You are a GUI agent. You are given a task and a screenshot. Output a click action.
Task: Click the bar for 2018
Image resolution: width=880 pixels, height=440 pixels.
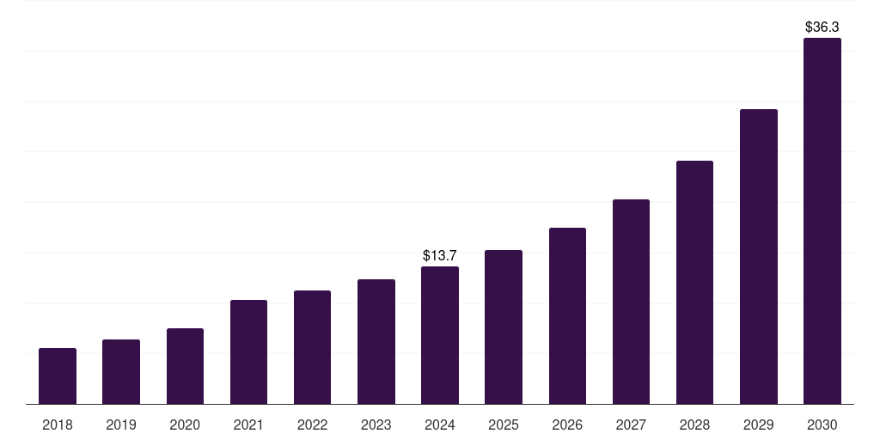tap(58, 376)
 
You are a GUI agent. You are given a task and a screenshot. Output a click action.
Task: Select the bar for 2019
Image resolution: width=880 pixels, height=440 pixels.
tap(121, 372)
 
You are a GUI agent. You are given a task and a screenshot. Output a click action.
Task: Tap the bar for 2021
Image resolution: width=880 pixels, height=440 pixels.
tap(248, 352)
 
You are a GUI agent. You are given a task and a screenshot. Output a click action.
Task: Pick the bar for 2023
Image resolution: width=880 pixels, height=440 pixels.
tap(376, 342)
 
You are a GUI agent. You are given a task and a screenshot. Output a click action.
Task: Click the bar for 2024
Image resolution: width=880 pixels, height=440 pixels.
tap(440, 335)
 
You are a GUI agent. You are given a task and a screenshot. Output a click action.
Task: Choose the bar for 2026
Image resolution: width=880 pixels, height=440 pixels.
tap(567, 316)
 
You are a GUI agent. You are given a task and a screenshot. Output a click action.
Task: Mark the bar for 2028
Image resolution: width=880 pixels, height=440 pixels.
tap(694, 283)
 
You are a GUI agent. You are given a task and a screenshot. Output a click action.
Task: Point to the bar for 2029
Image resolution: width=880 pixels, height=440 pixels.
tap(759, 257)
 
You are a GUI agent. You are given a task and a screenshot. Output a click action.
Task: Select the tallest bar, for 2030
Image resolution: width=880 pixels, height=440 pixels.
tap(822, 221)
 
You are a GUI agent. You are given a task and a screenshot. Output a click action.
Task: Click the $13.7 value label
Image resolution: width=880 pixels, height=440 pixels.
tap(440, 255)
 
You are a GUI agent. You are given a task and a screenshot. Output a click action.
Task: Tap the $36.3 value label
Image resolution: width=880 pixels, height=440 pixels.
tap(822, 27)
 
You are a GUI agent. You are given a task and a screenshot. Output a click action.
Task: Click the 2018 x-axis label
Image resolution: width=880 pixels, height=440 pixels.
tap(58, 425)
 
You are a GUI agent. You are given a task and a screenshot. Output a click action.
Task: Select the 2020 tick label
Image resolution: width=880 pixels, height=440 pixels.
tap(185, 425)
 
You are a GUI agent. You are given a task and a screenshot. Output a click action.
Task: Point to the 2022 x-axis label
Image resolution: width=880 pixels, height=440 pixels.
tap(312, 425)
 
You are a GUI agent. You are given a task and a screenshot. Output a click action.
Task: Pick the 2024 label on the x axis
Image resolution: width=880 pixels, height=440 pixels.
tap(440, 425)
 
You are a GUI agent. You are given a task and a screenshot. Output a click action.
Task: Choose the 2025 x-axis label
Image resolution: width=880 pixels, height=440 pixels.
tap(504, 425)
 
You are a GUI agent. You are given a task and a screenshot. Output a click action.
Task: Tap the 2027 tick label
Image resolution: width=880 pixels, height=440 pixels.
tap(631, 425)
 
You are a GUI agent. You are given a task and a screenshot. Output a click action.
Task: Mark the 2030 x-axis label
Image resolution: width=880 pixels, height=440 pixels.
tap(822, 425)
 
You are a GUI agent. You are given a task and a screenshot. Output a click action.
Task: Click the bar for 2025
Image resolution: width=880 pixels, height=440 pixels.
tap(504, 327)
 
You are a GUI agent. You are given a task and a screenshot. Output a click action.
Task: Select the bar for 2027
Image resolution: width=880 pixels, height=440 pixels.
tap(631, 302)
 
